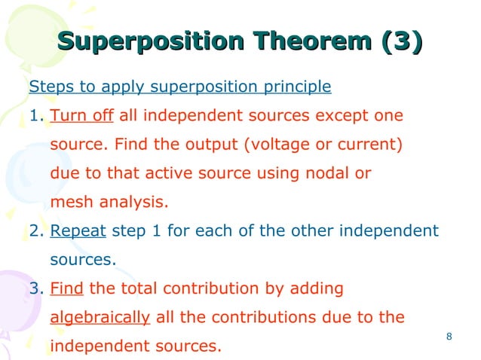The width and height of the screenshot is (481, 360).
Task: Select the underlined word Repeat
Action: point(78,230)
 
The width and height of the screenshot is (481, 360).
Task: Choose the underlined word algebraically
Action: point(99,317)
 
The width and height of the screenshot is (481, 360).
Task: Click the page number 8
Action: point(449,336)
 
